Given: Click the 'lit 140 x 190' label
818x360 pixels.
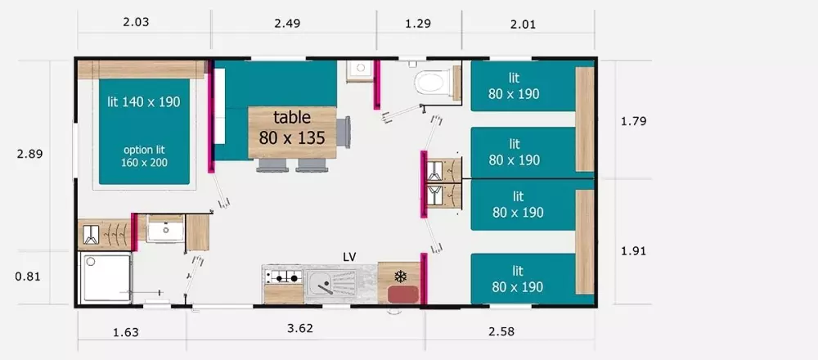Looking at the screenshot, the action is [143, 101].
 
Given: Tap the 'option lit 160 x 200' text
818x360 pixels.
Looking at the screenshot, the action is [145, 156].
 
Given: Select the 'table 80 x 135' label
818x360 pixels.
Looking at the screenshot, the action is [292, 128].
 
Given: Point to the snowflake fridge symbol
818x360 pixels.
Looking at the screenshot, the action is [400, 276].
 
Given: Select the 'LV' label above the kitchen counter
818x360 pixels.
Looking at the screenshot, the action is [349, 256].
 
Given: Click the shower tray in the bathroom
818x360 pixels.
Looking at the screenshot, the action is [106, 277].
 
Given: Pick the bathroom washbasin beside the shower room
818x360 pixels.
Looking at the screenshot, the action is [165, 228].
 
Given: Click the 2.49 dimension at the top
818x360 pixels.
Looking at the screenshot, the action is [287, 24].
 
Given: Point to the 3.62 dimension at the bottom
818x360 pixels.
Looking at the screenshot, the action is [300, 328].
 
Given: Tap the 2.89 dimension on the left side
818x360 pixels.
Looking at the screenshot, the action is [29, 154].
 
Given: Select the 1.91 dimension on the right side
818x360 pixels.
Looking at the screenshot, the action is [634, 251].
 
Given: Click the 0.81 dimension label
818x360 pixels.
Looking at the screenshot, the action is [28, 277].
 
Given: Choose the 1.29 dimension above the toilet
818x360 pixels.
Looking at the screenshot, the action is [418, 24].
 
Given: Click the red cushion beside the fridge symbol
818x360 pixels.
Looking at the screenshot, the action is [403, 294].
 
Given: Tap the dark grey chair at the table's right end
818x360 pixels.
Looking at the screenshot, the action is [344, 133].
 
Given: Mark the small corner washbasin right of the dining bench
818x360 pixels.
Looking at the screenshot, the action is [358, 71].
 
